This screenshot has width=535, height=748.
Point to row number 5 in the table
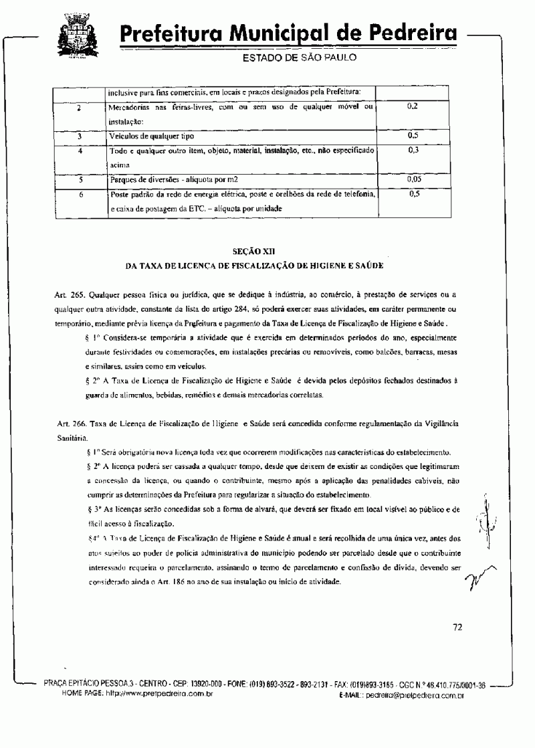point(80,180)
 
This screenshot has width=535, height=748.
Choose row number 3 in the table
point(80,136)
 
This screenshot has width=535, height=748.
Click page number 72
point(457,627)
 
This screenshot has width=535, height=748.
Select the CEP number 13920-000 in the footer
point(211,684)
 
